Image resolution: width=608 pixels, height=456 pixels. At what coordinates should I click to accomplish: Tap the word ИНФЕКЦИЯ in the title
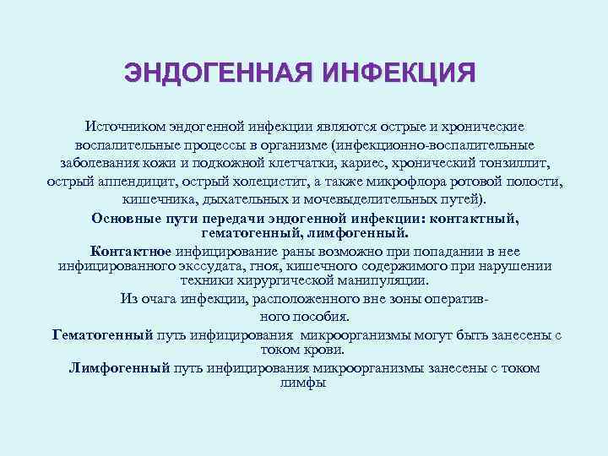[x=399, y=73]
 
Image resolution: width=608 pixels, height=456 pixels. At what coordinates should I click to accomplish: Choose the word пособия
[x=320, y=317]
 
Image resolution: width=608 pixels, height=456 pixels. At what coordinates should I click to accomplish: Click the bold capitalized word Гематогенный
[x=102, y=335]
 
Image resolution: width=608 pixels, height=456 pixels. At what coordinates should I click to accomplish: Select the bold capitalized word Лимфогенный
[x=119, y=368]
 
